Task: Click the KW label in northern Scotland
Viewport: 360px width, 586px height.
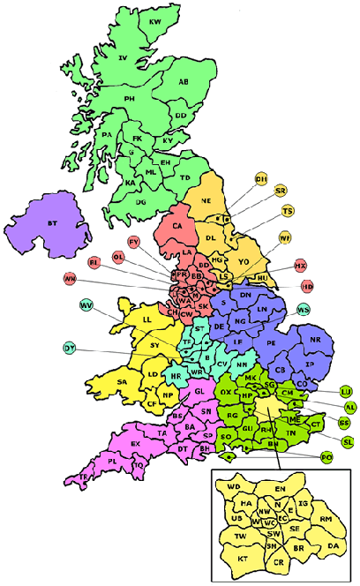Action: [155, 20]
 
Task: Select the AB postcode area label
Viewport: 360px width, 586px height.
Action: [184, 82]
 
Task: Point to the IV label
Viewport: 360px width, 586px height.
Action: [124, 58]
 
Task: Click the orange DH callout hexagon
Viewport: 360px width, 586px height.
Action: [261, 179]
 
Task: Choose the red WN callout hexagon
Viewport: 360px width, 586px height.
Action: [70, 279]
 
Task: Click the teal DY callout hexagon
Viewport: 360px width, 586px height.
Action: [69, 348]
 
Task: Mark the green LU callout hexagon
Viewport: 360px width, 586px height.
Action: [346, 391]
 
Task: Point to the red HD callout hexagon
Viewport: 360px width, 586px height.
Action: [307, 286]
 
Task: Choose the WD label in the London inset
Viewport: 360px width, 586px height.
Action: [234, 485]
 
